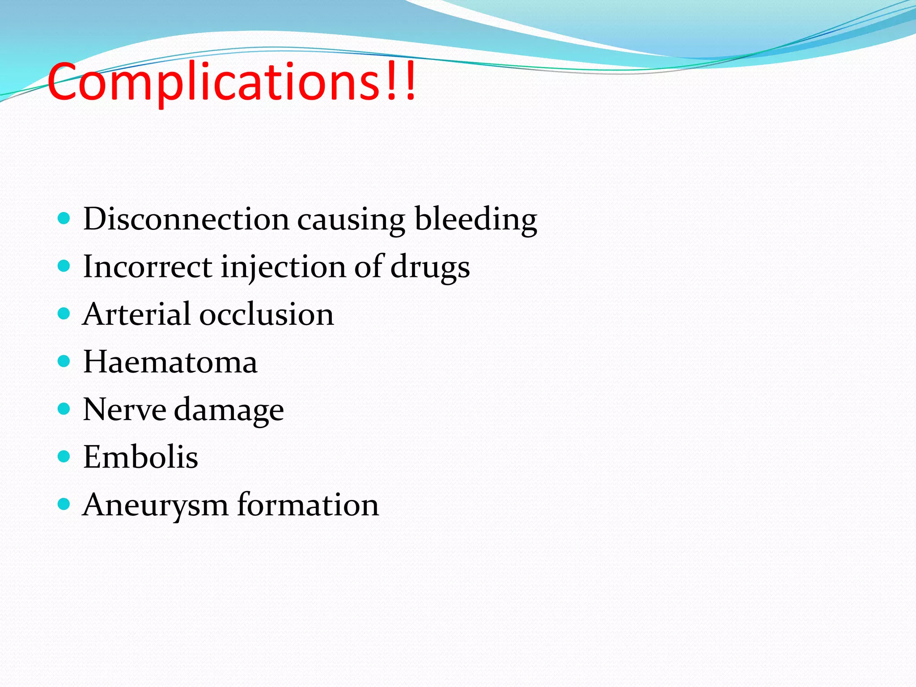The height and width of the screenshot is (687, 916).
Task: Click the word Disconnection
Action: click(186, 219)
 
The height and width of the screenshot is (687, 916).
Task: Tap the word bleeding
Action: click(476, 219)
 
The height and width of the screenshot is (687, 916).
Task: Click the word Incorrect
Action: click(148, 267)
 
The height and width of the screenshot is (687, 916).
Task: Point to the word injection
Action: click(283, 267)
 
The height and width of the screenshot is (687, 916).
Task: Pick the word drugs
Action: click(430, 267)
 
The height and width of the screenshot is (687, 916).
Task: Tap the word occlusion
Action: click(267, 314)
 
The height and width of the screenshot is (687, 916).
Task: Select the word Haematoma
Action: click(170, 362)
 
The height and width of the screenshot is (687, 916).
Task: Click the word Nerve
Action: click(124, 409)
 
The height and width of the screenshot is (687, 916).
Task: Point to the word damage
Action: click(229, 410)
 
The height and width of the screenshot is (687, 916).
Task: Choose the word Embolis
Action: click(140, 457)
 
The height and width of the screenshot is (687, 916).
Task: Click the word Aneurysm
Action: click(155, 505)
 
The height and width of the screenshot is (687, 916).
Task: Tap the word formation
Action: click(308, 505)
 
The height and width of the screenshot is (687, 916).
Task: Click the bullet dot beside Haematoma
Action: click(64, 361)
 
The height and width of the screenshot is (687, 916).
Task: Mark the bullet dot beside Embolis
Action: click(64, 456)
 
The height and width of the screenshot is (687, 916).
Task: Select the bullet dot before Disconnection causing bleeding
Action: click(64, 218)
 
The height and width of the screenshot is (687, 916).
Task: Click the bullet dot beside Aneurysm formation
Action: click(64, 504)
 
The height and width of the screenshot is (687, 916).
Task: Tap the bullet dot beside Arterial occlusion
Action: click(64, 313)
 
